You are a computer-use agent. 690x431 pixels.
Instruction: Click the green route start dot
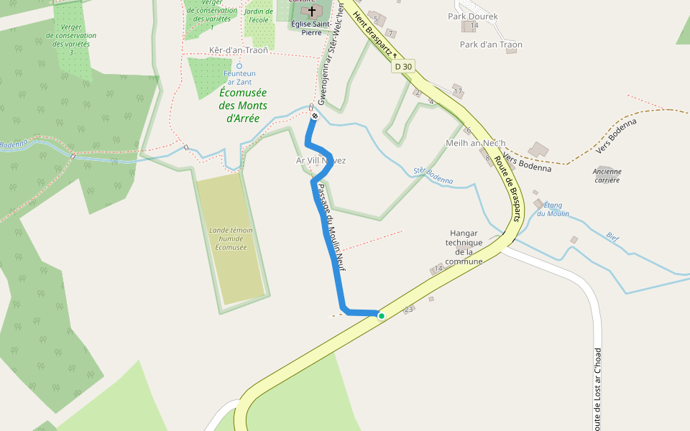381,315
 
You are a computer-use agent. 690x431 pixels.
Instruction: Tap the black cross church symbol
311,11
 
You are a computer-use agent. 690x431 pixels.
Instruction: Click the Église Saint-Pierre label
311,27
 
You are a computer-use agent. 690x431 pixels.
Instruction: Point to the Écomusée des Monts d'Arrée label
243,106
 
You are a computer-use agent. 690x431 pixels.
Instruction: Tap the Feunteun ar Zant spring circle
239,65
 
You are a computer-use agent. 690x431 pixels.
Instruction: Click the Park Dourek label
472,16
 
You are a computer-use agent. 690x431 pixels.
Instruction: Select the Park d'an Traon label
491,45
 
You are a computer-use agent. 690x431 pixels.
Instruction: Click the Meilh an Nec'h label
476,142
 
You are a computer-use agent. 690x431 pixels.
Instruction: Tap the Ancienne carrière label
607,175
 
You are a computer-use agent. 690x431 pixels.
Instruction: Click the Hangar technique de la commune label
464,247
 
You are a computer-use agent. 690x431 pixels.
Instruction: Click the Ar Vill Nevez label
321,160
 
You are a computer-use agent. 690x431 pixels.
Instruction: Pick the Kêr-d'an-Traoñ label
238,50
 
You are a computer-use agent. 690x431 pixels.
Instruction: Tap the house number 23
409,310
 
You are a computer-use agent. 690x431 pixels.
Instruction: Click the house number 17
458,91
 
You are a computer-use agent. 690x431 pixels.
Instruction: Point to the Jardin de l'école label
258,15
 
